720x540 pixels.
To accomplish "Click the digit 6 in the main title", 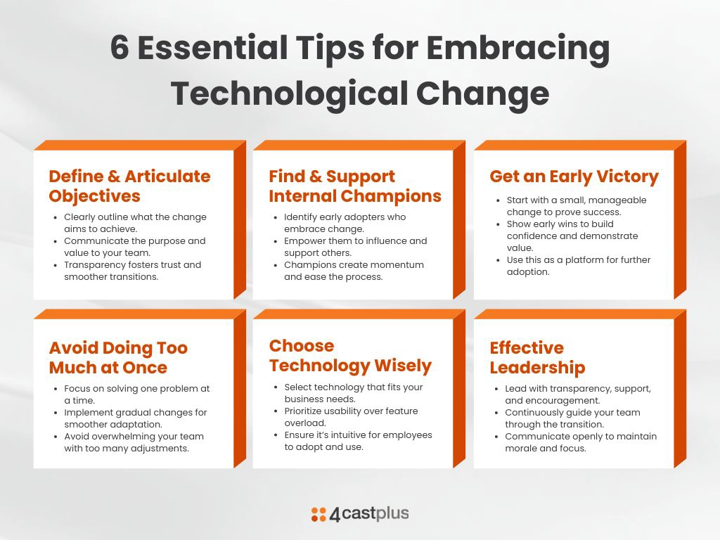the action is pos(120,47).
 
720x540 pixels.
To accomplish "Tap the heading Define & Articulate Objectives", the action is pos(129,186).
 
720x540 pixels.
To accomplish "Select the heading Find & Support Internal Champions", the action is pos(355,186).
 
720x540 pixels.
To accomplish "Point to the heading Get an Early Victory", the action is pos(574,176).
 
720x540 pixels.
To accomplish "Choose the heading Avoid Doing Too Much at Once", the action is pos(118,357).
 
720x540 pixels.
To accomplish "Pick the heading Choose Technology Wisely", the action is pos(350,356).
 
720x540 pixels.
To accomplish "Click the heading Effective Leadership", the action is pos(537,357).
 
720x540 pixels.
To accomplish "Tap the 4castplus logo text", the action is pos(369,514).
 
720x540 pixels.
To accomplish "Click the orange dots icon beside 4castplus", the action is pos(319,514).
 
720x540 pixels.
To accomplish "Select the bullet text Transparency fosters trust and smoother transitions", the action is pos(133,271).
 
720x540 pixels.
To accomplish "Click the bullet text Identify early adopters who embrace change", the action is pos(345,223).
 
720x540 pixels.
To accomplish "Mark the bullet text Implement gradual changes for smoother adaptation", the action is pos(136,418).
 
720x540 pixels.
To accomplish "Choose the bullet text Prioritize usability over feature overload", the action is pos(352,416).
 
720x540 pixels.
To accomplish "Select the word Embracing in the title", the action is pos(518,49).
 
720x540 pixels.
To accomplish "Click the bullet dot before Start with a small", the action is pos(498,200).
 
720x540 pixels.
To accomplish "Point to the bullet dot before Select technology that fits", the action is pos(276,387).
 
